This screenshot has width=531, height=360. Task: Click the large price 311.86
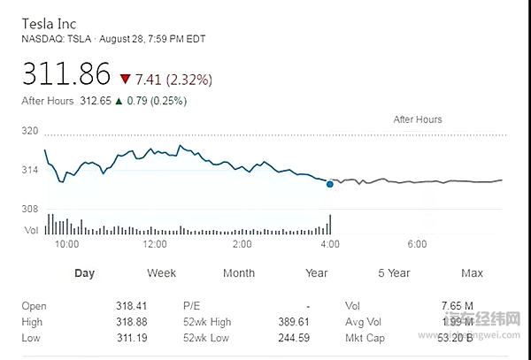click(66, 74)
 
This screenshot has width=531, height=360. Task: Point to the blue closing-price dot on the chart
click(329, 184)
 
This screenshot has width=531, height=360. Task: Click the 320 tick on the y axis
click(31, 131)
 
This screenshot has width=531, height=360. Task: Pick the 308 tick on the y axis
click(31, 209)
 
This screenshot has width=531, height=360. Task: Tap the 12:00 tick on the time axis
click(155, 243)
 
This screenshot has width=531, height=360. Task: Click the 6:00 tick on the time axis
click(418, 243)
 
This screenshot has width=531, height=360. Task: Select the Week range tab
click(161, 273)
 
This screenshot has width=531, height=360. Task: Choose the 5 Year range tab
click(393, 273)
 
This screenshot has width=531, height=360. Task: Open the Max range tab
click(472, 273)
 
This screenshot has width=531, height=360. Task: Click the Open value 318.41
click(130, 306)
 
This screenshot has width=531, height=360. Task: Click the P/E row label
click(192, 306)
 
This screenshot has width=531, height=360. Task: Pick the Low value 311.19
click(130, 338)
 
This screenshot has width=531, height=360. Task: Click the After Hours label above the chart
click(418, 119)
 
